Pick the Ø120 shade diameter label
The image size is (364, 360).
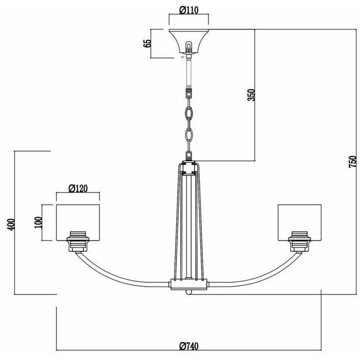click(x=78, y=189)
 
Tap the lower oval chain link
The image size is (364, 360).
click(x=189, y=136)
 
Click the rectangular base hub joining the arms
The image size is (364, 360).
click(x=189, y=284)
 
